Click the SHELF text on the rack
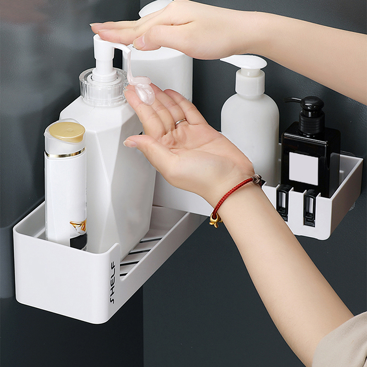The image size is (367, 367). [x=113, y=282]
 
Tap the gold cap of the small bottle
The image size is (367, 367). [x=67, y=132]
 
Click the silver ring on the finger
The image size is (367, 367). [x=180, y=122]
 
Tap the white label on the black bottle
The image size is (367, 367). [x=304, y=168]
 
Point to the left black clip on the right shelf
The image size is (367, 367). [x=284, y=202]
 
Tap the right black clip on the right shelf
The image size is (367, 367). [x=311, y=207]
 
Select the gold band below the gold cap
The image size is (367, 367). [x=65, y=154]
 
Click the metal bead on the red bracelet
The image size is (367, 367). [x=257, y=179]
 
